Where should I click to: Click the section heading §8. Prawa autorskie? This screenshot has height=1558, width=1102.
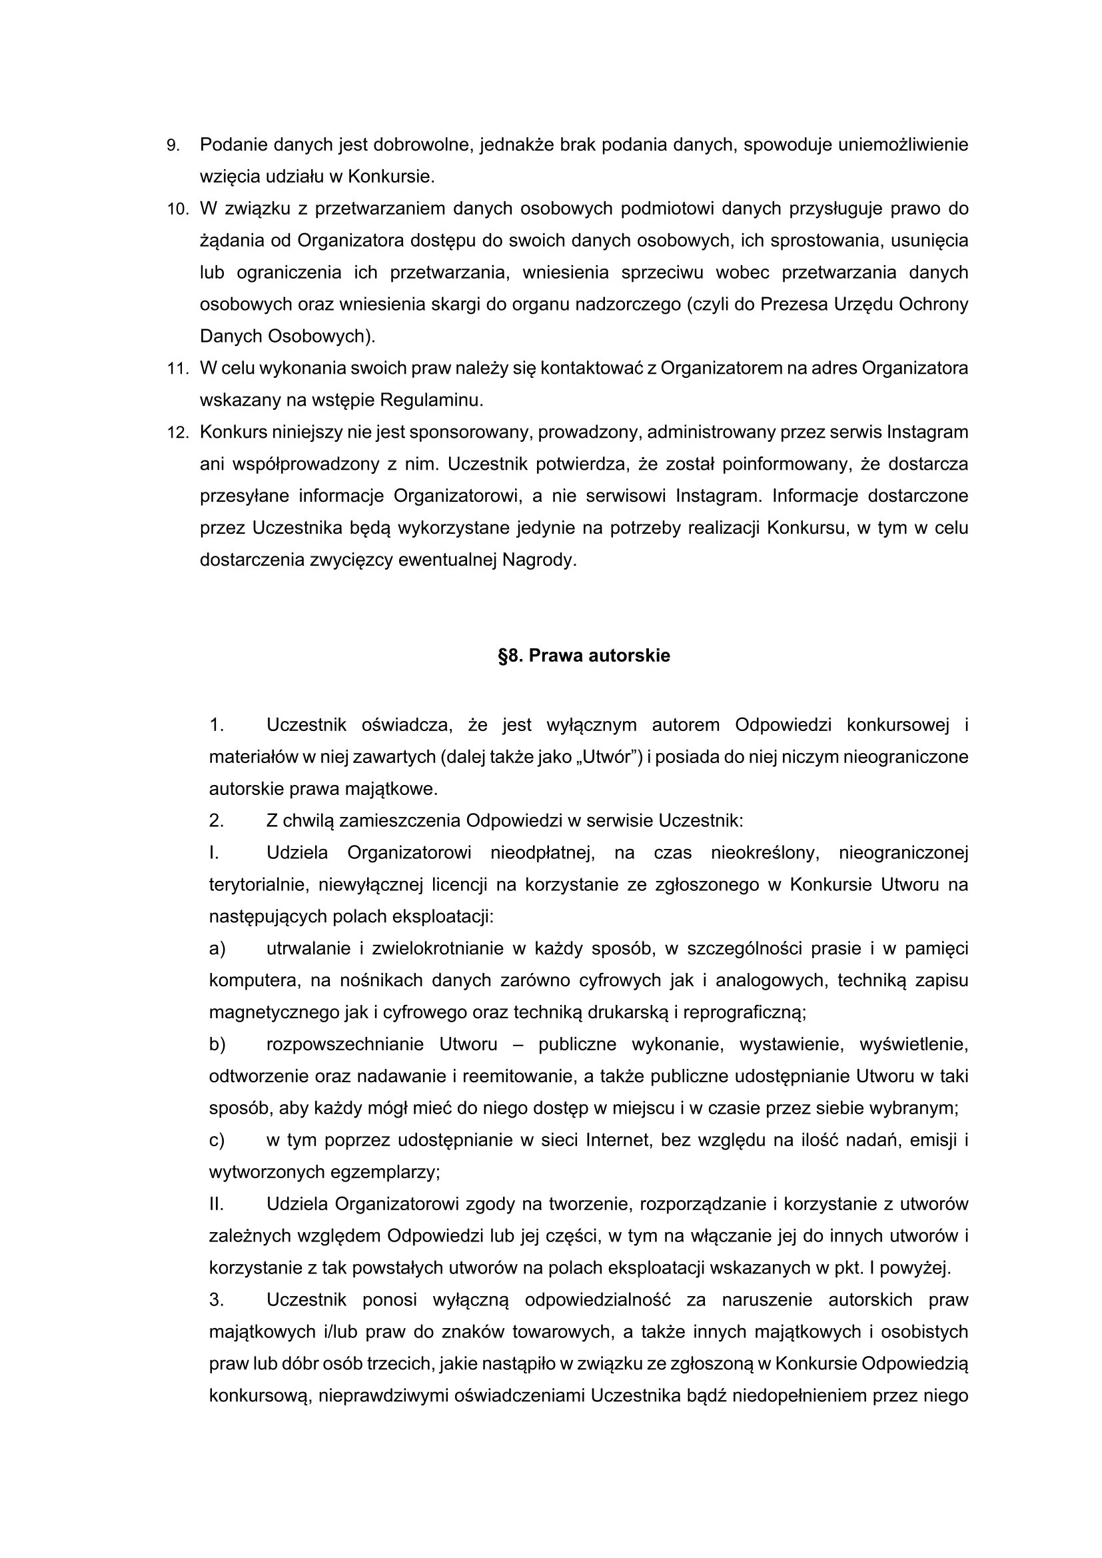[584, 656]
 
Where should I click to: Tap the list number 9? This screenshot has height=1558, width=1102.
[173, 146]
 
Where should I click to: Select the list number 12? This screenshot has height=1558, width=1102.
[177, 433]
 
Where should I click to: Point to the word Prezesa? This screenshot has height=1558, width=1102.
[793, 305]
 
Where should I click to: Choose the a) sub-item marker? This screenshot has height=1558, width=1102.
[217, 949]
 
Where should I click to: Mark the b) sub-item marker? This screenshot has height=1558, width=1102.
[217, 1044]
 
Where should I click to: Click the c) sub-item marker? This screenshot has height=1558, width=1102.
[217, 1141]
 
